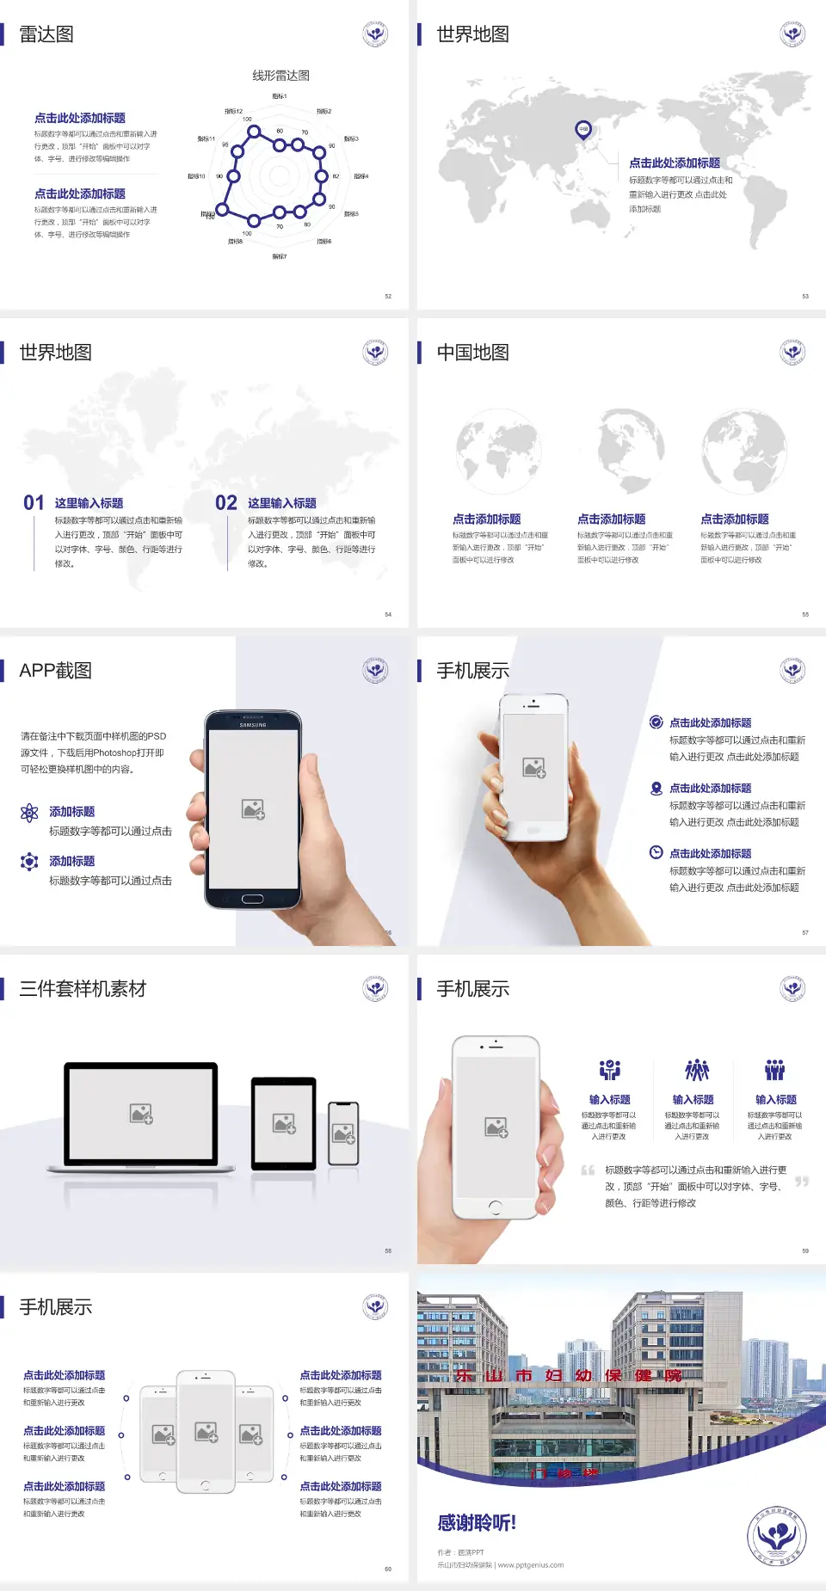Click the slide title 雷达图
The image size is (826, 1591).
[46, 34]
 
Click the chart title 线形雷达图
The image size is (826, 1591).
[280, 76]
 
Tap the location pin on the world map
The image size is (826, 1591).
[583, 130]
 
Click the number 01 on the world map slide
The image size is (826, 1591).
[34, 503]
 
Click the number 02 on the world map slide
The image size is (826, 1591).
[226, 503]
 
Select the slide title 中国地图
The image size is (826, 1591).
[472, 353]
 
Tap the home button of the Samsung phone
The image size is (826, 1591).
[252, 899]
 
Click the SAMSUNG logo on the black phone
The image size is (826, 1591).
[253, 725]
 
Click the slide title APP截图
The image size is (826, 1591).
[55, 671]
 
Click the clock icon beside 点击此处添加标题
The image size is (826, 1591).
[656, 852]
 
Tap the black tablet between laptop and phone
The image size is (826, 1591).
[284, 1123]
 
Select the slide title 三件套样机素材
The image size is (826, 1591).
[83, 989]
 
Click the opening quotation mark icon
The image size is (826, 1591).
[588, 1170]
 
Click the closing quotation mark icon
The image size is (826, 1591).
[801, 1182]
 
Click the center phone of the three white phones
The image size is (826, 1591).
[206, 1431]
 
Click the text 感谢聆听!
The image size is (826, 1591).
[477, 1523]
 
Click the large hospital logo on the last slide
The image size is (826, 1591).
[776, 1538]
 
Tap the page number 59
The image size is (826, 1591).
[805, 1251]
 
